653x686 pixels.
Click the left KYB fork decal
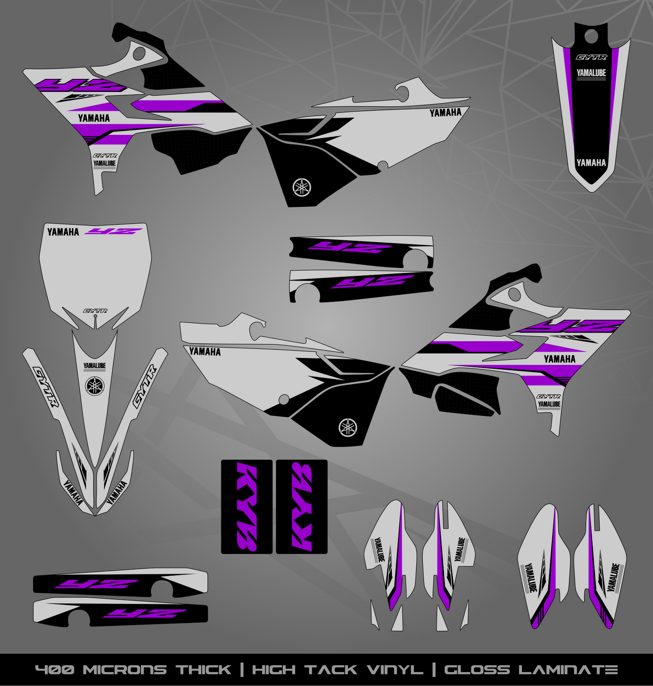(x=246, y=507)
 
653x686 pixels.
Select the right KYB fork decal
(x=302, y=507)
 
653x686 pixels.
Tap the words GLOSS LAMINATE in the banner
(x=531, y=670)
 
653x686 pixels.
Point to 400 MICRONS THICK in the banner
(x=133, y=670)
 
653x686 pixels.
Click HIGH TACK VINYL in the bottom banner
(x=338, y=670)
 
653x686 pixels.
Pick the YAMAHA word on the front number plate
(x=63, y=232)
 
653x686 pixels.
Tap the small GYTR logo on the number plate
(x=95, y=311)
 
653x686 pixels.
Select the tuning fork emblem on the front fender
(x=95, y=386)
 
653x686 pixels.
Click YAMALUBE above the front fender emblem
(x=94, y=366)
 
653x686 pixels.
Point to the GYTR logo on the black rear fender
(x=591, y=57)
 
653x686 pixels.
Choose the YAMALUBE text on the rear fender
(x=591, y=72)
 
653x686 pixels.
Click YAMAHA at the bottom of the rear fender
(x=591, y=163)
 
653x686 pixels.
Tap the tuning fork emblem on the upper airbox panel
(x=302, y=187)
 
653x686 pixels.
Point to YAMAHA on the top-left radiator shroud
(x=94, y=118)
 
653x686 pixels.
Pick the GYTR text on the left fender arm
(x=46, y=387)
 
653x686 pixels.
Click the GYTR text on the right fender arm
(x=145, y=387)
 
